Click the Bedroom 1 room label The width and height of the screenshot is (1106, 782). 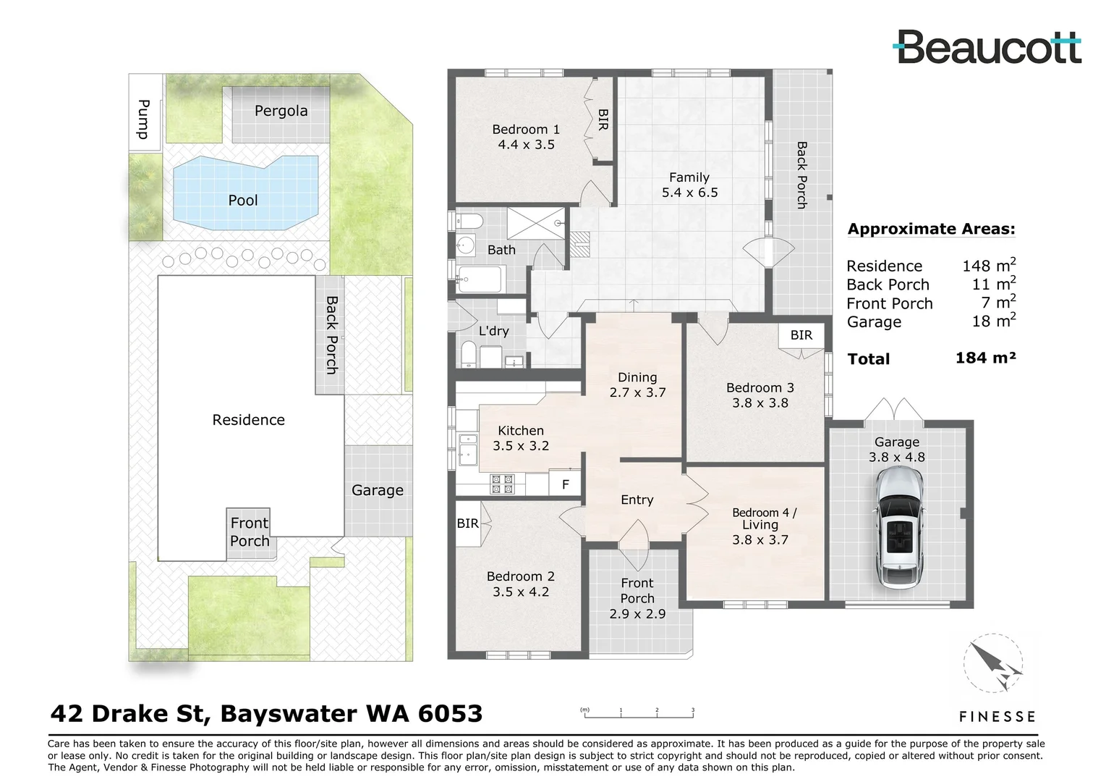pyautogui.click(x=526, y=130)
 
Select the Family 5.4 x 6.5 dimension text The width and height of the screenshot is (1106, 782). pyautogui.click(x=689, y=193)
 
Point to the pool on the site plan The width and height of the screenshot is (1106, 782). pyautogui.click(x=244, y=193)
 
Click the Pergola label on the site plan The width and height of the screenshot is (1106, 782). pyautogui.click(x=281, y=111)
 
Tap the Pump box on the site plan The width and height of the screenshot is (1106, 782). pyautogui.click(x=144, y=119)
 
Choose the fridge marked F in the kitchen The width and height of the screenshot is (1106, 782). pyautogui.click(x=566, y=484)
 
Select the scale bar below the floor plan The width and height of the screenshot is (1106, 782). pyautogui.click(x=639, y=715)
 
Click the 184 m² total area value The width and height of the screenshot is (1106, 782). pyautogui.click(x=985, y=358)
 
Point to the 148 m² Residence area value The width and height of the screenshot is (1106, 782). pyautogui.click(x=988, y=265)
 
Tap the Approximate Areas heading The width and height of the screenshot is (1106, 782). pyautogui.click(x=931, y=229)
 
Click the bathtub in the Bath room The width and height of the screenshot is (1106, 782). pyautogui.click(x=480, y=278)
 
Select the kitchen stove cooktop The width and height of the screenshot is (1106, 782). pyautogui.click(x=502, y=484)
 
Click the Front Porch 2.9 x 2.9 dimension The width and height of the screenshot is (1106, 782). pyautogui.click(x=637, y=613)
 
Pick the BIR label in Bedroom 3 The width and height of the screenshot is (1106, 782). pyautogui.click(x=801, y=335)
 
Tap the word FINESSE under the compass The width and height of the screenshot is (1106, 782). pyautogui.click(x=997, y=717)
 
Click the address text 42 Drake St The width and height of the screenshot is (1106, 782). pyautogui.click(x=130, y=714)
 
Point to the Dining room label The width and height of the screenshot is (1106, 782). pyautogui.click(x=637, y=377)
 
